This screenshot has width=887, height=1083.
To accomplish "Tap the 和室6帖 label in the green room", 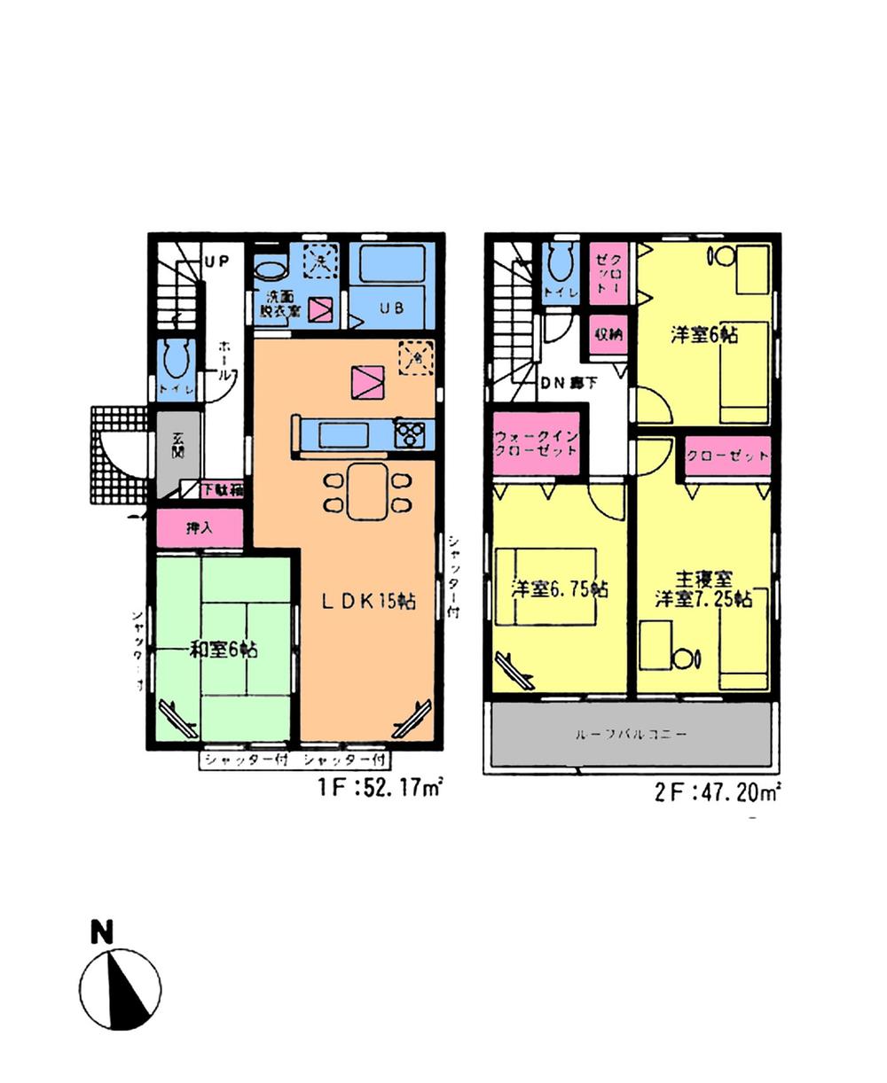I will point(224,650).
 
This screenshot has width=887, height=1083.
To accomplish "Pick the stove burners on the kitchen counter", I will point(409,434).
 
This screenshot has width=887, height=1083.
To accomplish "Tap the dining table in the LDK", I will point(367,491).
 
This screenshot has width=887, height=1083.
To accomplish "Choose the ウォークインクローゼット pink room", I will point(536,442).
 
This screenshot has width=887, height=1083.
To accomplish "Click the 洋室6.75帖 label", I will point(560,589).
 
